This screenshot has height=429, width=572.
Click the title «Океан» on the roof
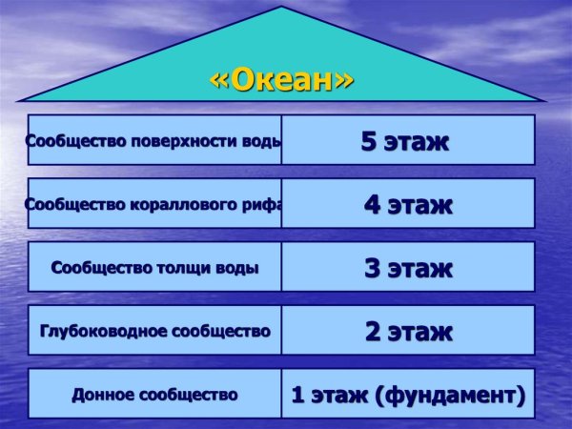(x=281, y=79)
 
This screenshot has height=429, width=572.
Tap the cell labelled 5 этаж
(x=407, y=141)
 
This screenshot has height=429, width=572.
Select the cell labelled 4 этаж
(x=407, y=204)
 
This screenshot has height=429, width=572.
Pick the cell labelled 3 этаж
(x=407, y=268)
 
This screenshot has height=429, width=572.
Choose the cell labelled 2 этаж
(x=407, y=331)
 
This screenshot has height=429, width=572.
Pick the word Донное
(x=103, y=394)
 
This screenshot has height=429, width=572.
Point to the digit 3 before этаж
(x=372, y=268)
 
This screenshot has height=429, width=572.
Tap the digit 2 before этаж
(x=372, y=331)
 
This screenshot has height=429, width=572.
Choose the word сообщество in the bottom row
(x=188, y=394)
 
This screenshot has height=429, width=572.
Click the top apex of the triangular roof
(x=281, y=8)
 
